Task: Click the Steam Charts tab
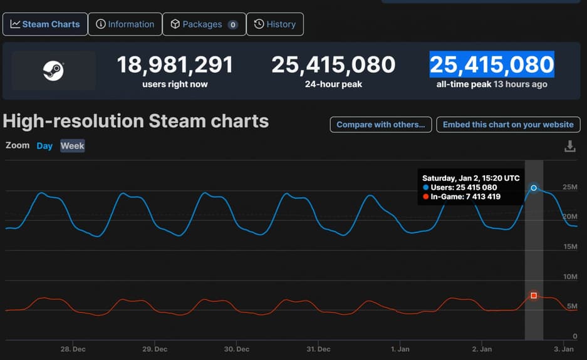tap(44, 24)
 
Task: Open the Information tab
tap(125, 24)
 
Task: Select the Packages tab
tap(204, 24)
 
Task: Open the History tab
tap(274, 24)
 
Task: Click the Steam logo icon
tap(53, 71)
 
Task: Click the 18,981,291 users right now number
tap(175, 64)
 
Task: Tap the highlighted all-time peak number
tap(491, 64)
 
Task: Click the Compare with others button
tap(381, 125)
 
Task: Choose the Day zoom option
tap(44, 146)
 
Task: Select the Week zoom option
tap(72, 146)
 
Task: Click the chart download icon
tap(569, 147)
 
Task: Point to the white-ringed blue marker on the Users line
tap(534, 188)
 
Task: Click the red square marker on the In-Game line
tap(534, 295)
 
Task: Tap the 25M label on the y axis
tap(569, 187)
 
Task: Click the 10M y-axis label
tap(569, 277)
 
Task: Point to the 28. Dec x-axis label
tap(74, 349)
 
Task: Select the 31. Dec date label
tap(319, 349)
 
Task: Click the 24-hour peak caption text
tap(333, 84)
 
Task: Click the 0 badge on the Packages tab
tap(232, 25)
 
